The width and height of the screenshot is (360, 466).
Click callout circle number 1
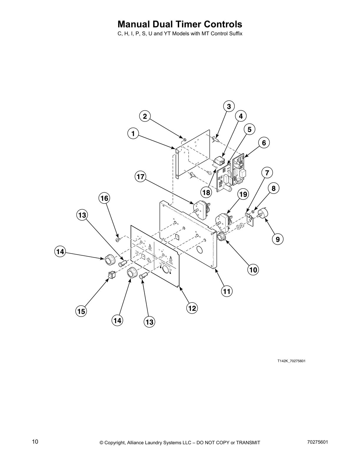tap(133, 134)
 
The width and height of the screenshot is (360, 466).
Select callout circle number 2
tap(145, 116)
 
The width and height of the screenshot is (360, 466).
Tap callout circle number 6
tap(264, 143)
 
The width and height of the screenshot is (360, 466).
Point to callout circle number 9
tap(278, 239)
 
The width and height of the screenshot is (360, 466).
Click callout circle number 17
tap(141, 177)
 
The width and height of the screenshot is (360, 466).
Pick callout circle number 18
tap(206, 192)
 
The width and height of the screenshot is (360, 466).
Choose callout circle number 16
tap(104, 198)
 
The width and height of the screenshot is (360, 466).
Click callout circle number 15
tap(81, 311)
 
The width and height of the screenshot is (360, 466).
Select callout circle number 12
tap(192, 308)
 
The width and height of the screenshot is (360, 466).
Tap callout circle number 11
tap(226, 291)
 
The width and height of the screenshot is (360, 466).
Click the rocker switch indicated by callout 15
tap(111, 275)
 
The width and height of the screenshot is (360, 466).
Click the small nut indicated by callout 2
tap(184, 139)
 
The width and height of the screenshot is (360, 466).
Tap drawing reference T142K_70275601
tap(291, 361)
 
